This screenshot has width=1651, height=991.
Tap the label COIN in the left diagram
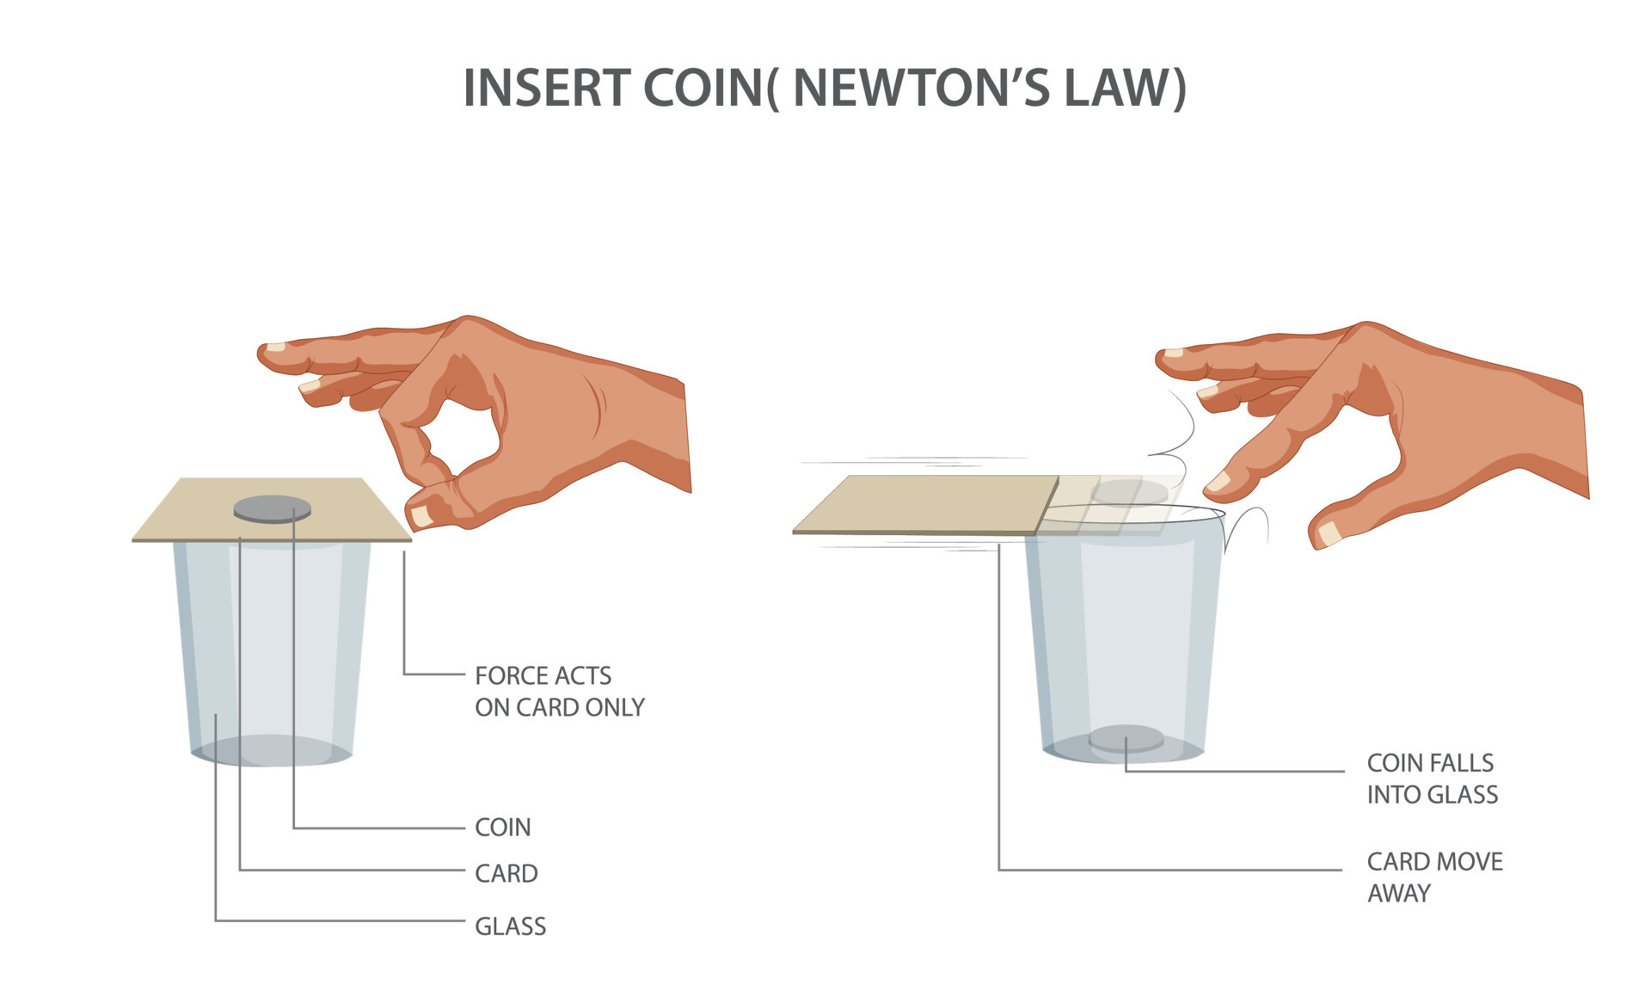tap(503, 828)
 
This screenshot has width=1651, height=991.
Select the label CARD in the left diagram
tap(506, 874)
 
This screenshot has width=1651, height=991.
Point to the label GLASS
tap(511, 926)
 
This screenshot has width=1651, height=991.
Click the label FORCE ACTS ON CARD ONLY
tap(560, 692)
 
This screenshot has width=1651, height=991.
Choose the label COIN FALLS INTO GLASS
tap(1433, 779)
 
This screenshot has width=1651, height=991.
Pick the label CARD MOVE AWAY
tap(1435, 877)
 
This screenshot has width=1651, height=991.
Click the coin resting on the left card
tap(272, 509)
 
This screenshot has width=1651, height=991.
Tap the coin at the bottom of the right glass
tap(1126, 738)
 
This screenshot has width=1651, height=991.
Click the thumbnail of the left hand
tap(421, 516)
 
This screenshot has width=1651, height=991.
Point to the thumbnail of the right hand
tap(1330, 533)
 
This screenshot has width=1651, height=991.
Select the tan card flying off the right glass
tap(925, 505)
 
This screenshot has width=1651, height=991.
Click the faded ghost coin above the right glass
tap(1130, 492)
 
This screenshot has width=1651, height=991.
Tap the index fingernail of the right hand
tap(1218, 482)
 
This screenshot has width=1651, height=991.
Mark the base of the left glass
tap(272, 751)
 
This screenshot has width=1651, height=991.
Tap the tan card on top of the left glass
tap(272, 510)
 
